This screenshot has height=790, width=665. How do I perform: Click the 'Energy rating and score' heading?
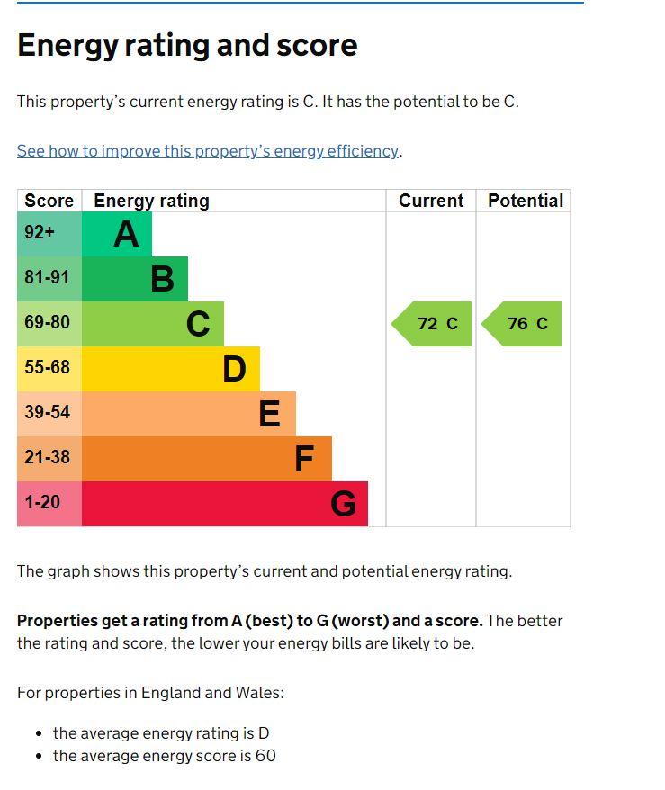coord(187,45)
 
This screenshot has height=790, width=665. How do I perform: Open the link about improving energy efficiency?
coord(208,151)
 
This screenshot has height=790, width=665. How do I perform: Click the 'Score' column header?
coord(49,201)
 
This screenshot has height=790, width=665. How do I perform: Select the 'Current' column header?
coord(431,201)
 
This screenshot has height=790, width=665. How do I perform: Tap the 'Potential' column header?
coord(526,201)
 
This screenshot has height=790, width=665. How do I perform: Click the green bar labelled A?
coord(117,234)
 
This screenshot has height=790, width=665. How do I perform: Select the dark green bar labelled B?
coord(135,279)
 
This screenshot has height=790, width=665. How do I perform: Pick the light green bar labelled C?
coord(153,323)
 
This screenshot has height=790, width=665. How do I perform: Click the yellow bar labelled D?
coord(171,369)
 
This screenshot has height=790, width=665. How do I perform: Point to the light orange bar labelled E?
coord(189,414)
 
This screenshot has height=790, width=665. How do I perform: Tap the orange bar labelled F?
coord(207,459)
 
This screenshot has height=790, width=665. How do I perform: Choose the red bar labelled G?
coord(225,504)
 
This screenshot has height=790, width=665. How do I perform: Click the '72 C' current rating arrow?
coord(432,323)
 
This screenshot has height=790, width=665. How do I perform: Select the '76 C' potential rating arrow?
coord(521,323)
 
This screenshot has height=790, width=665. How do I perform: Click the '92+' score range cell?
coord(49,234)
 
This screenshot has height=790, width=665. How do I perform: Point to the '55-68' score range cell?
coord(49,369)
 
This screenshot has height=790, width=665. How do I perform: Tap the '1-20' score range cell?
coord(49,504)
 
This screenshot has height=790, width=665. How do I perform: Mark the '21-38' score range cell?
coord(49,459)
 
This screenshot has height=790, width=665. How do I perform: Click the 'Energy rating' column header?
coord(152,201)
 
